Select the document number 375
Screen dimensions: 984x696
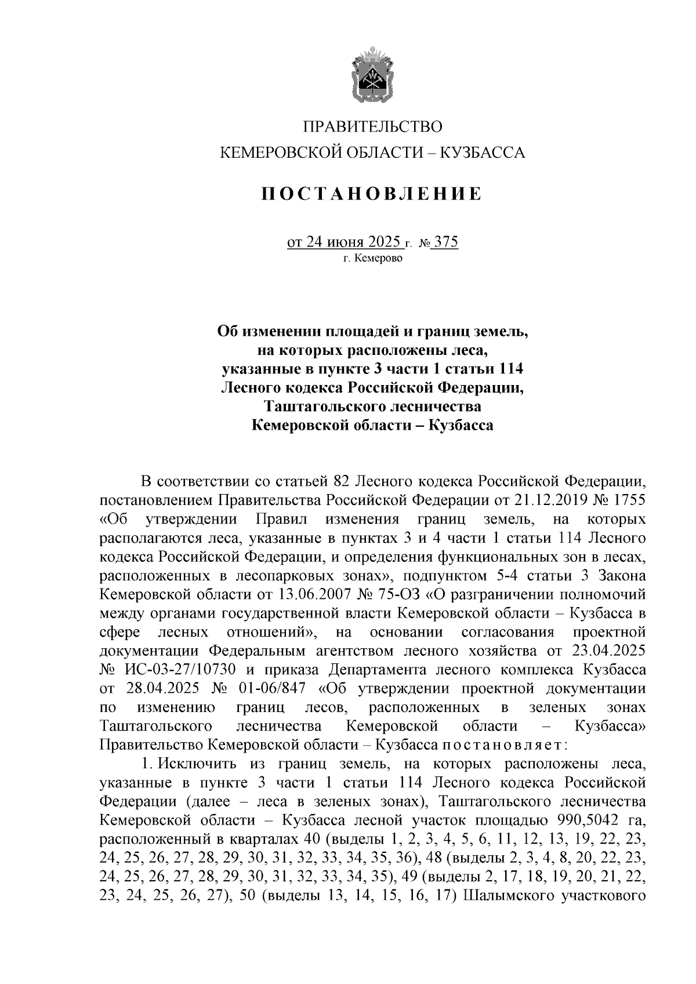click(x=446, y=241)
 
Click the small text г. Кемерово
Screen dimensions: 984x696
click(x=372, y=259)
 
